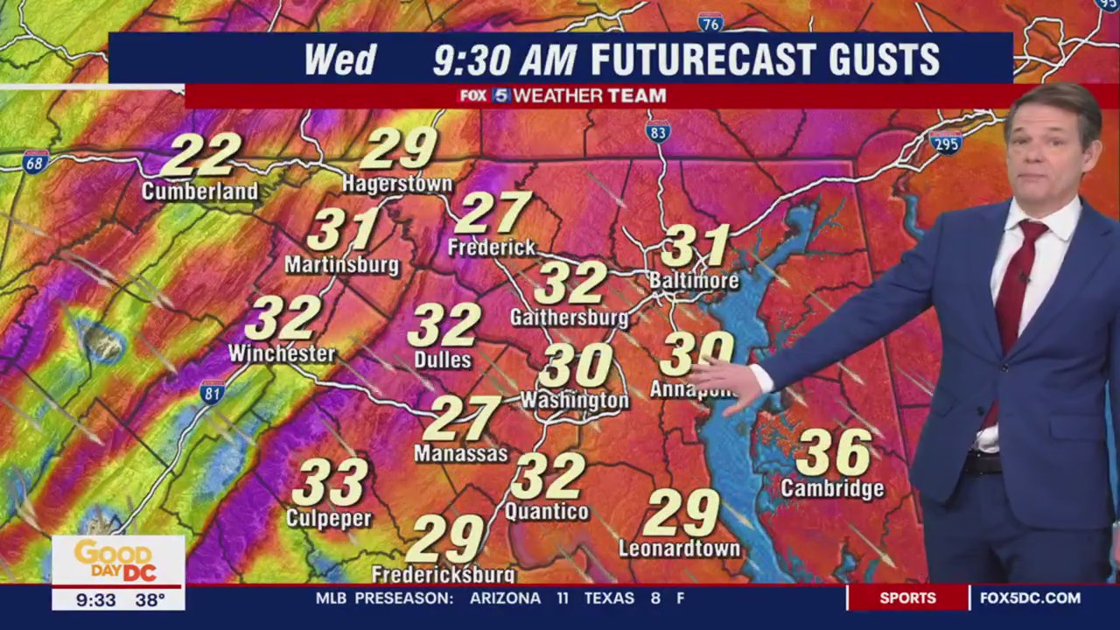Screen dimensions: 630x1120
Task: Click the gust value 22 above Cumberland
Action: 200,156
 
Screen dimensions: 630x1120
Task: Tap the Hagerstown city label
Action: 397,184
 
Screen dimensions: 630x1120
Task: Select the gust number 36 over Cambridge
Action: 833,452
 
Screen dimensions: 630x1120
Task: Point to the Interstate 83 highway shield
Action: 658,132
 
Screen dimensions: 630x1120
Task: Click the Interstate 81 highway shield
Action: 211,393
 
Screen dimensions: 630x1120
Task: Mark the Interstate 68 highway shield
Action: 35,162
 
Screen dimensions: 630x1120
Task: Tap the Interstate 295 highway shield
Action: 946,143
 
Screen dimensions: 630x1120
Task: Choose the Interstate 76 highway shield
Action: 710,23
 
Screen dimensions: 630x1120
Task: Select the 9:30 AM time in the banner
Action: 505,59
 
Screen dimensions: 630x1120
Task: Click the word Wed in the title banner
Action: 339,59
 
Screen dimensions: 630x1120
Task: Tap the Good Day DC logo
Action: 117,561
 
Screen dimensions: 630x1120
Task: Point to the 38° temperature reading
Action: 150,600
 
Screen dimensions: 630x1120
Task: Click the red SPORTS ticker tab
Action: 907,598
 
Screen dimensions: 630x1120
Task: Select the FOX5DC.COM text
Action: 1030,598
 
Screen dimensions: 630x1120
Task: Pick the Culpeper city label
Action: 329,519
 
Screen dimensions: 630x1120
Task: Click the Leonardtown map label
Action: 679,549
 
